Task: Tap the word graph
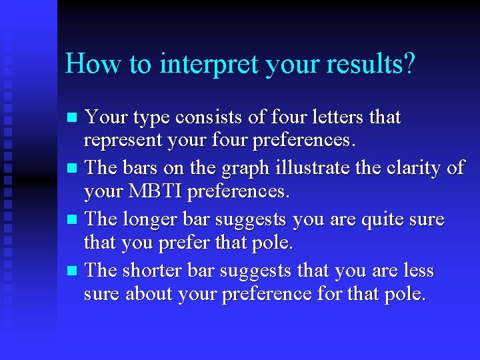click(224, 167)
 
